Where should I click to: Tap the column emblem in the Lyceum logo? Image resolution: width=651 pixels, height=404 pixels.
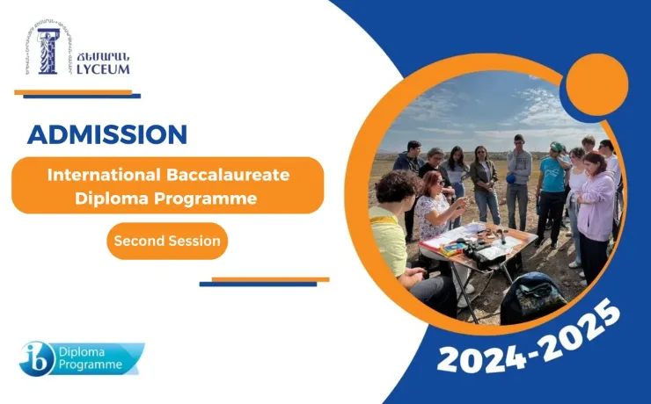(x=47, y=51)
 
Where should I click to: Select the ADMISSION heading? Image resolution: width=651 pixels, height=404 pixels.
(x=107, y=134)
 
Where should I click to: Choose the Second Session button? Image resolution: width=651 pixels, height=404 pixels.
(x=167, y=241)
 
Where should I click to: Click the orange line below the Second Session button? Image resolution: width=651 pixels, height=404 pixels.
(x=270, y=279)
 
